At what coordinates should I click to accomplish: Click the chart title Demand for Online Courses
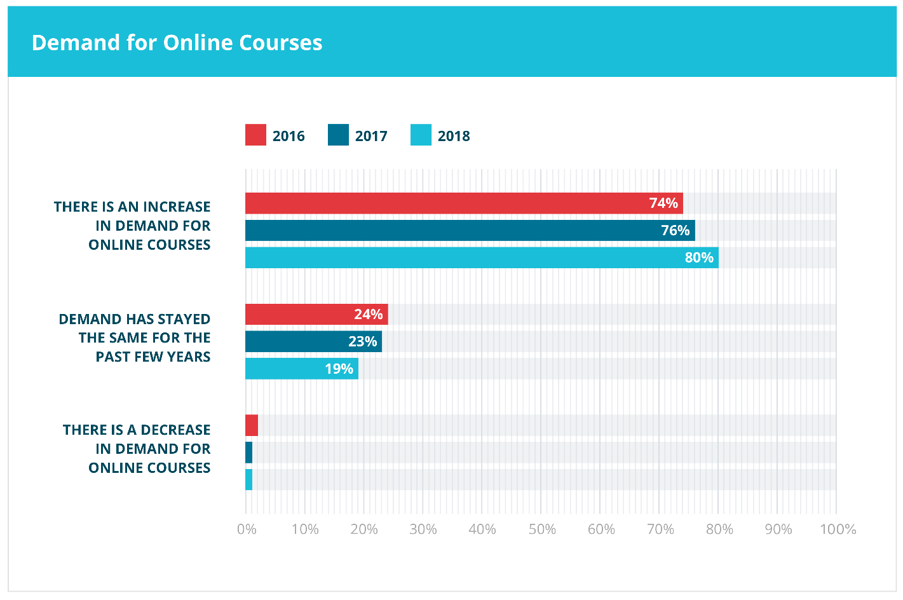pyautogui.click(x=177, y=43)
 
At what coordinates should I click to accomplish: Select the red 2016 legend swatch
pyautogui.click(x=255, y=135)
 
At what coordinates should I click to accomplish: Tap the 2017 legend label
pyautogui.click(x=371, y=136)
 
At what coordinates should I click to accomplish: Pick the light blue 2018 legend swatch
pyautogui.click(x=421, y=135)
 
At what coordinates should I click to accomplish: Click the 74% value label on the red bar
pyautogui.click(x=663, y=203)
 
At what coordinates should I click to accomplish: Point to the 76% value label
pyautogui.click(x=675, y=231)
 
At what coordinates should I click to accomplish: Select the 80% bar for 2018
pyautogui.click(x=482, y=258)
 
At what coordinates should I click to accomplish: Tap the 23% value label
pyautogui.click(x=362, y=342)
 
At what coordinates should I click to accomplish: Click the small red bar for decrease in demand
pyautogui.click(x=252, y=425)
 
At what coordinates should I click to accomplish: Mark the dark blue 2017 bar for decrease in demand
pyautogui.click(x=249, y=453)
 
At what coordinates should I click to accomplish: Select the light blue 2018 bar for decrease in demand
pyautogui.click(x=249, y=480)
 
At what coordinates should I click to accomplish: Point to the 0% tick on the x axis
pyautogui.click(x=247, y=529)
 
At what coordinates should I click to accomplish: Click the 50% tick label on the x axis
pyautogui.click(x=542, y=529)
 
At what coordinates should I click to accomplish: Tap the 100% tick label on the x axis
pyautogui.click(x=838, y=529)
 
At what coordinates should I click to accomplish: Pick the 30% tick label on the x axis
pyautogui.click(x=423, y=529)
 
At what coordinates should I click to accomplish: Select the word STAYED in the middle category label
pyautogui.click(x=184, y=319)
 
